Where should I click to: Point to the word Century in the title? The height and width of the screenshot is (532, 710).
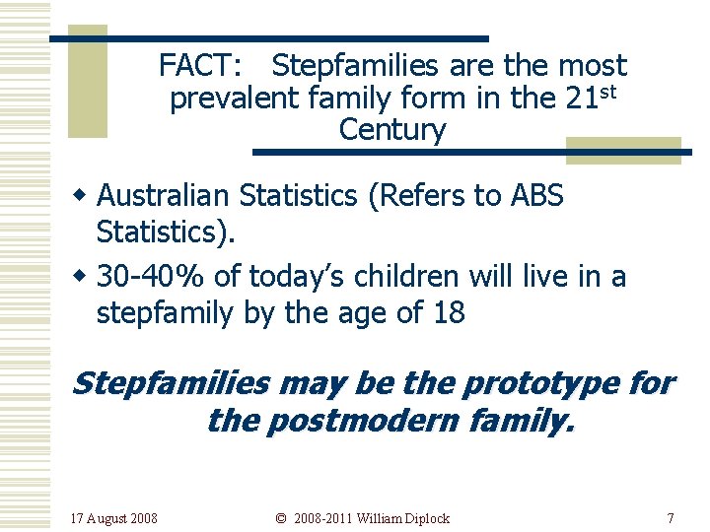pyautogui.click(x=392, y=130)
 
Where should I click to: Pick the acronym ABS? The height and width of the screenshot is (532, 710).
pyautogui.click(x=536, y=196)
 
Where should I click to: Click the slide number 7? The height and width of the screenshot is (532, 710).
pyautogui.click(x=671, y=518)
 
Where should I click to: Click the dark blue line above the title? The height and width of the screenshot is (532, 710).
pyautogui.click(x=268, y=38)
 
